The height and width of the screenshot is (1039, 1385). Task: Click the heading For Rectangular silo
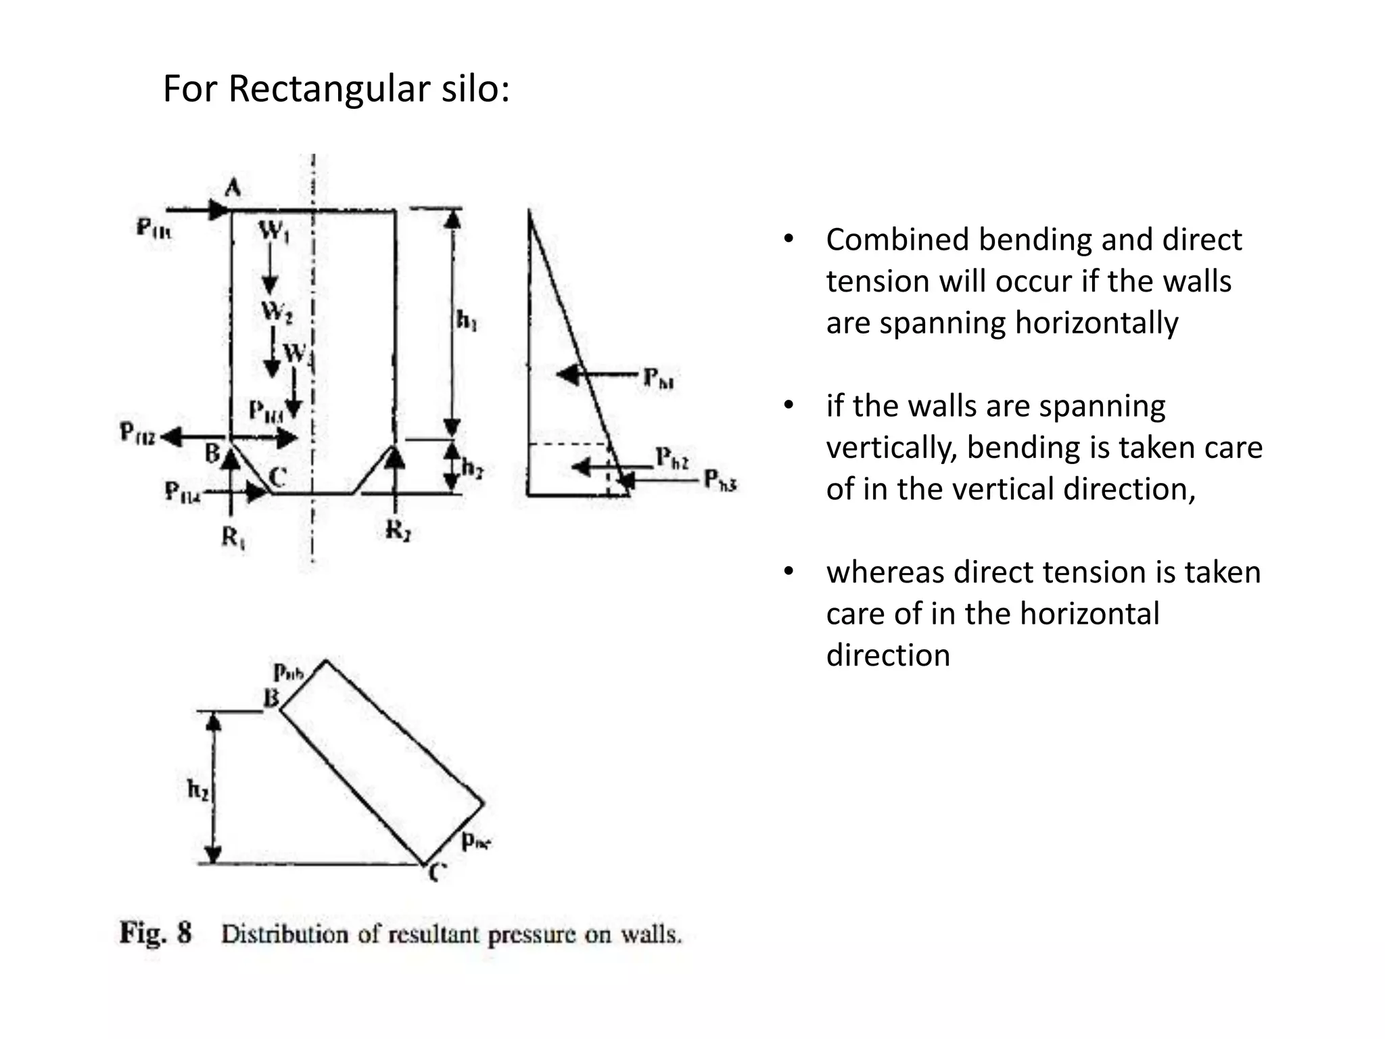click(336, 89)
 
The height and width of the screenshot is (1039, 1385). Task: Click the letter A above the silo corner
click(233, 187)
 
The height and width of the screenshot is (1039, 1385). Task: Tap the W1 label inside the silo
click(274, 232)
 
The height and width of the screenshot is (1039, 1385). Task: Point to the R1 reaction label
click(233, 538)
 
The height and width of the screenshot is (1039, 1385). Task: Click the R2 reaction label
click(398, 531)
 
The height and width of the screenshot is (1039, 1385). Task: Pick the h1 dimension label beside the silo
click(467, 319)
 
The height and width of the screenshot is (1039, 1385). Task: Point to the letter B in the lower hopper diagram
click(271, 697)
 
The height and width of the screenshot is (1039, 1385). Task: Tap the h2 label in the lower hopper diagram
click(197, 789)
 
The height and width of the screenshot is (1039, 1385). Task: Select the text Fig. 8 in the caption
click(156, 933)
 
